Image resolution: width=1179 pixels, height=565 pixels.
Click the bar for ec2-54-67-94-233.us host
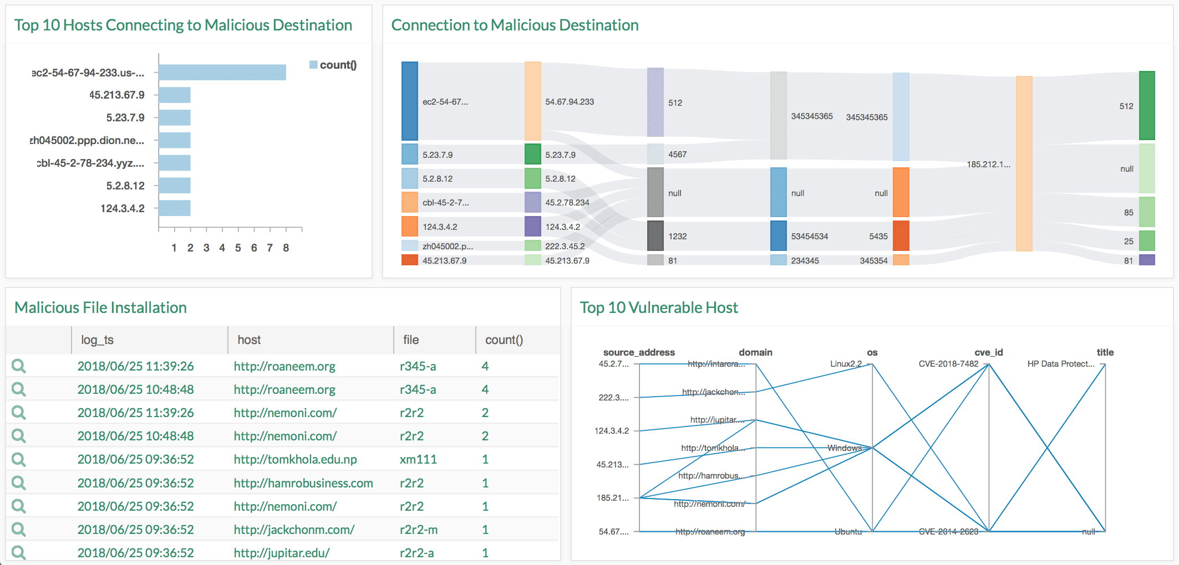tap(222, 73)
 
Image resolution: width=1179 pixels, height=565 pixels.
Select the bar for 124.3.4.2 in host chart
tap(175, 208)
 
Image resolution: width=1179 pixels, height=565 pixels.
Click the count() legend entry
tap(333, 65)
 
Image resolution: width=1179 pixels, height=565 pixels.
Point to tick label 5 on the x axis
tap(238, 248)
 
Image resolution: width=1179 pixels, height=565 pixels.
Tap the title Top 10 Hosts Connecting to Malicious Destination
tap(183, 25)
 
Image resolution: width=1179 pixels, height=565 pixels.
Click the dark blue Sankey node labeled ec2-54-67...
tap(409, 101)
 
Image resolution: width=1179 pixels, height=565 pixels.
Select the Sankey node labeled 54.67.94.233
tap(532, 101)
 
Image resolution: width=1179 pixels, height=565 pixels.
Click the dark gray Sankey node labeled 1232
tap(655, 236)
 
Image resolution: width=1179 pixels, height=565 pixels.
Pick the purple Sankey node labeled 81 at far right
tap(1146, 260)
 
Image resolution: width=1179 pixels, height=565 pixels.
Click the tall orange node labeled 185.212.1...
tap(1024, 163)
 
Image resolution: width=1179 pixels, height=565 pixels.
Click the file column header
tap(411, 340)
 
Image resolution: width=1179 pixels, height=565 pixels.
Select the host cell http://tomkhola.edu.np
tap(295, 459)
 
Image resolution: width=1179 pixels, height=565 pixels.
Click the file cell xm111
tap(418, 459)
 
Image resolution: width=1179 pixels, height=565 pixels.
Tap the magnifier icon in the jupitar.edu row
tap(19, 552)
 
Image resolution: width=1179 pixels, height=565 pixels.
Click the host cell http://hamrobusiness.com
tap(303, 483)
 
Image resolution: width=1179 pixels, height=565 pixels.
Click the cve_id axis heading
tap(988, 352)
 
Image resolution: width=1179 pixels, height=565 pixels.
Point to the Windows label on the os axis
tap(844, 448)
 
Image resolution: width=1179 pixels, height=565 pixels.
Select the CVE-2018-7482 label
tap(948, 364)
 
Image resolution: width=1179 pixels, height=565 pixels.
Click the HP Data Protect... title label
tap(1060, 364)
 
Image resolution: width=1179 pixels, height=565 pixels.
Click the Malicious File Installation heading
tap(100, 307)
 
